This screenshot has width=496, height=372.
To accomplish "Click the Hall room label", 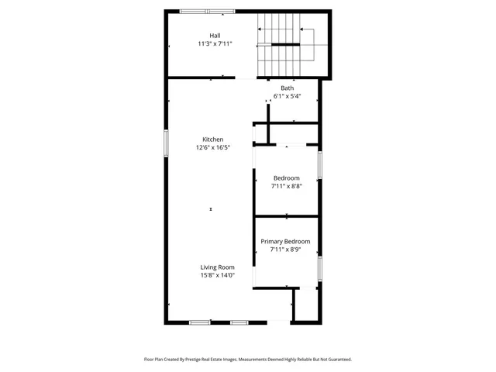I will [215, 36].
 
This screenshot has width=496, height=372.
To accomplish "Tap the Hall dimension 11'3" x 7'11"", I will [215, 44].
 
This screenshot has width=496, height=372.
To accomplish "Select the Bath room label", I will [287, 88].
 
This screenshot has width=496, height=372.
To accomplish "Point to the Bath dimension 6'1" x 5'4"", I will [287, 97].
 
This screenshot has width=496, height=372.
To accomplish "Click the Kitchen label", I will [213, 139].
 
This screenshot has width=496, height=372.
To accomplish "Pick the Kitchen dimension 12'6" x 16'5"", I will [213, 147].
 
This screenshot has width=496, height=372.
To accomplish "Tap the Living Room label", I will [218, 267].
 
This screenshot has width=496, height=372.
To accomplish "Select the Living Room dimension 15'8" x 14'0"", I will [218, 275].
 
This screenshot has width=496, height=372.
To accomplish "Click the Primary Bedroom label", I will [285, 241].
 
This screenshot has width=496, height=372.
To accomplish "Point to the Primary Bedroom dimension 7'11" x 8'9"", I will [285, 250].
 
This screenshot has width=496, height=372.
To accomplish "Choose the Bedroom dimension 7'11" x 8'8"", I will [286, 186].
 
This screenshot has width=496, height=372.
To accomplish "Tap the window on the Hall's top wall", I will [207, 11].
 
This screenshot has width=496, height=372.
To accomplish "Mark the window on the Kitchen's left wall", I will [166, 142].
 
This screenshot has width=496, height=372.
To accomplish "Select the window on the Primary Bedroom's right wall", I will [319, 267].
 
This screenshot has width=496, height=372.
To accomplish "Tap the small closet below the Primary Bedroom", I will [305, 305].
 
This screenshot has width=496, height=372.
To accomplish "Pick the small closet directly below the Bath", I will [292, 133].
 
